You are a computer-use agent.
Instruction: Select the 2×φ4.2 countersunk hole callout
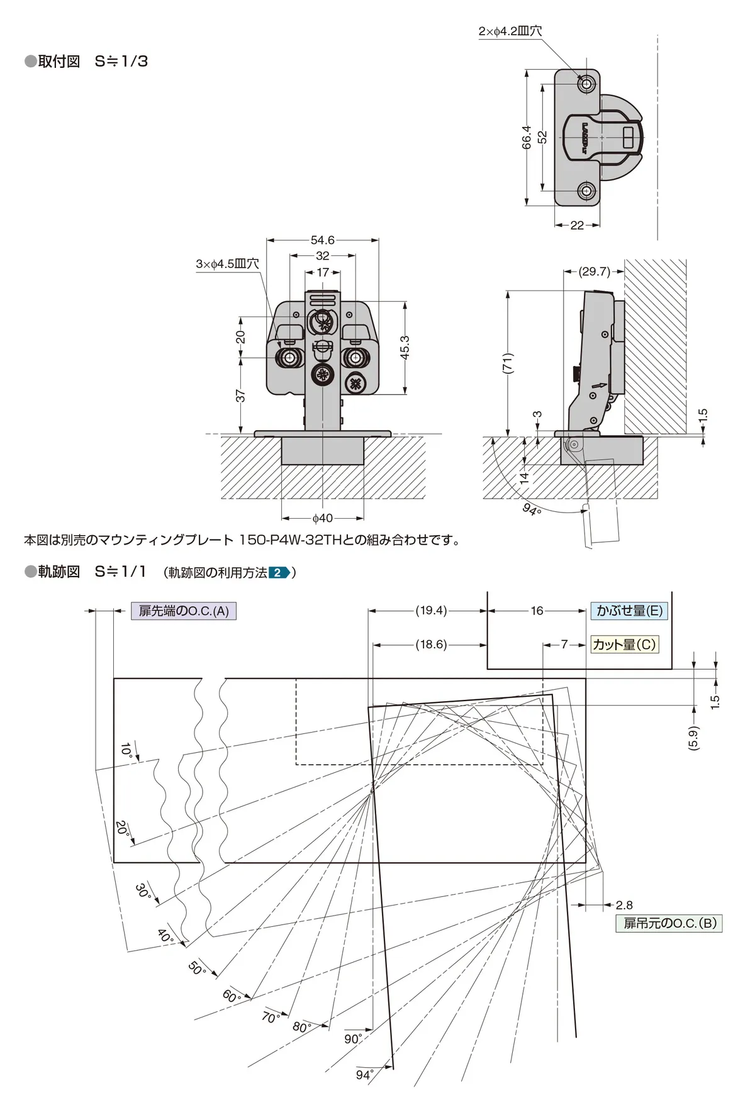pos(510,31)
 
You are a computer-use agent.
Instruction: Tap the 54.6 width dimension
pos(322,240)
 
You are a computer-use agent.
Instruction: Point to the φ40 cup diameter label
pos(322,518)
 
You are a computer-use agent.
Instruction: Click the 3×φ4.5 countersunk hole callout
pos(227,264)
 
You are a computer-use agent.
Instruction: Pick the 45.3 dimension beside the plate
pos(405,347)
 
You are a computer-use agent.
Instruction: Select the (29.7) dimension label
pos(594,272)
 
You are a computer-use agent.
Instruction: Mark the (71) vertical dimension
pos(508,363)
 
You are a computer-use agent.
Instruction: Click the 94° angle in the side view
pos(532,509)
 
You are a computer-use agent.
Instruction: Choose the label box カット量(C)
pos(624,645)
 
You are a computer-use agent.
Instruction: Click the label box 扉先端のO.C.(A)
pos(183,611)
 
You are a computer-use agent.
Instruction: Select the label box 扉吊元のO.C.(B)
pos(669,923)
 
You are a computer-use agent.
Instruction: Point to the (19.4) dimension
pos(431,611)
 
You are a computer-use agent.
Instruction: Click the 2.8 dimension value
pos(624,905)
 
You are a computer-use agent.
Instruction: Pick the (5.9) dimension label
pos(693,738)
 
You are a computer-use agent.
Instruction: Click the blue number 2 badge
pos(278,573)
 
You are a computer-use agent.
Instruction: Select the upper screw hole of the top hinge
pos(587,84)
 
